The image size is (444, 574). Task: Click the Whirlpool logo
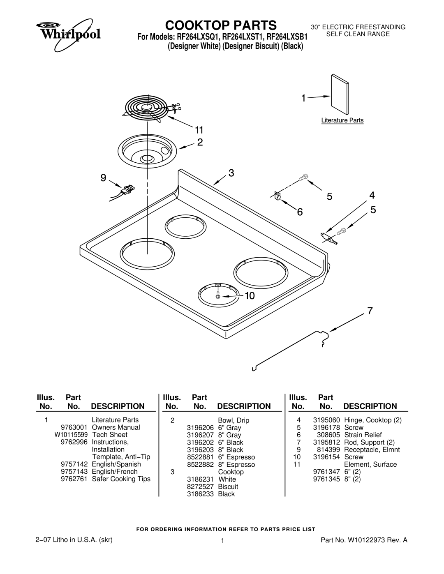68,35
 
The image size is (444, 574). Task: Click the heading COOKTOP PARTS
221,25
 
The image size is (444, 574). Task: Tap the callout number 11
199,130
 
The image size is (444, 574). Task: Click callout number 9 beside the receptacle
103,178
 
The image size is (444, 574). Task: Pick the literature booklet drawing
340,95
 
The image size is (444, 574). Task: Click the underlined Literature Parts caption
342,120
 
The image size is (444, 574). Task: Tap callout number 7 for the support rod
370,311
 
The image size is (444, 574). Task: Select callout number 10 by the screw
250,295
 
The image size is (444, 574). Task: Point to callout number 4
372,195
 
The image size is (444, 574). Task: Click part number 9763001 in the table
74,427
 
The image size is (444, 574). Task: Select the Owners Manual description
116,427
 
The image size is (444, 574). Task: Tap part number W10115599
71,435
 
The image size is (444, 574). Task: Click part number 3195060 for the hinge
326,420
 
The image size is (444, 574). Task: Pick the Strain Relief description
363,435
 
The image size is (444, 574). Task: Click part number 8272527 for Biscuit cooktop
200,486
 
